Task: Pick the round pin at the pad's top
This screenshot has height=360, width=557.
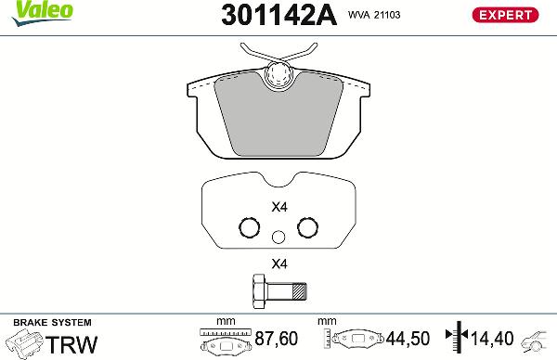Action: coord(278,76)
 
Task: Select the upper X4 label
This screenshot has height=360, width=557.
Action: coord(278,207)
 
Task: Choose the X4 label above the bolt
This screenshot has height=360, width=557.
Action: coord(278,263)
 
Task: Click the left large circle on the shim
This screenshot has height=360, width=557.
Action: coord(248,228)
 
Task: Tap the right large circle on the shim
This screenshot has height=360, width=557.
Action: coord(307,228)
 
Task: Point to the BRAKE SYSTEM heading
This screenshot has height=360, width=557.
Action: coord(41,321)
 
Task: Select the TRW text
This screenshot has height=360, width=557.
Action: coord(71,343)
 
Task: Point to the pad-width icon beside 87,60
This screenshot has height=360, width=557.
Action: coord(226,341)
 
